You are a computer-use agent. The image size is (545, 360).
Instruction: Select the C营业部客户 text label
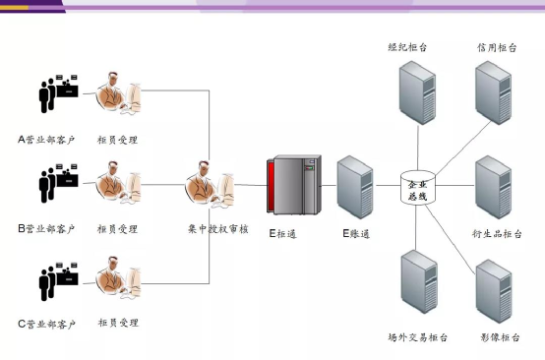pos(46,324)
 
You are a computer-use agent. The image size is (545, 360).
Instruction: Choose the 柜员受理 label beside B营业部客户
pos(117,229)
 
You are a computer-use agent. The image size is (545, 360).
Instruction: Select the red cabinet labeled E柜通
pos(293,186)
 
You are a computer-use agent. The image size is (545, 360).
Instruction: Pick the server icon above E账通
pos(354,186)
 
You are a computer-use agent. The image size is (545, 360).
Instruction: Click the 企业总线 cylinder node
pos(417,186)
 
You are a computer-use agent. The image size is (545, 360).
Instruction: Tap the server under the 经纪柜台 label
pos(416,91)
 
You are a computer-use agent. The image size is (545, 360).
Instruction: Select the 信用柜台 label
pos(495,47)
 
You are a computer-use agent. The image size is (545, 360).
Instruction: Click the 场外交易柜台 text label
pos(418,337)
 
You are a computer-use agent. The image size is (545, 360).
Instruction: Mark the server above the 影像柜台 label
pos(495,290)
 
